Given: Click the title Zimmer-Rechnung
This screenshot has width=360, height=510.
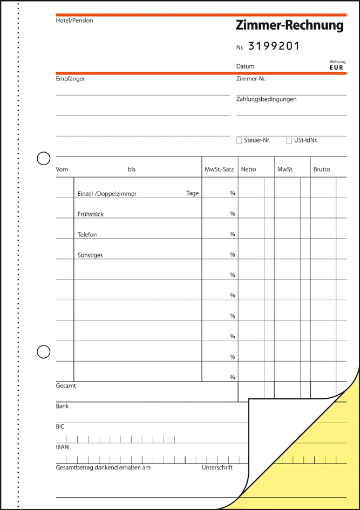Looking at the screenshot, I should [289, 25].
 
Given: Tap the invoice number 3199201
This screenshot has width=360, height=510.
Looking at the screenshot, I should [274, 46].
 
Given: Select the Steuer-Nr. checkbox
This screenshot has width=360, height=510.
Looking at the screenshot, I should [239, 141].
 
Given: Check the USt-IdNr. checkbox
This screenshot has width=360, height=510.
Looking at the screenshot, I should [289, 141].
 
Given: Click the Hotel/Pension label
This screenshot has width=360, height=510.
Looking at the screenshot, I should [74, 21].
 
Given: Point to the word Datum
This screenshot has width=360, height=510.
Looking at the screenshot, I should [245, 66].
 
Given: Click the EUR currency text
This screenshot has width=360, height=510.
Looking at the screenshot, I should [336, 67].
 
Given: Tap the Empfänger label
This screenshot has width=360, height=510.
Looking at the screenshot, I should [70, 79].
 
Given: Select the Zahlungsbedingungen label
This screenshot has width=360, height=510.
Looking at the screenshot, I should [266, 99].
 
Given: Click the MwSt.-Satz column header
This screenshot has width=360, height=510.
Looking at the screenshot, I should [219, 169].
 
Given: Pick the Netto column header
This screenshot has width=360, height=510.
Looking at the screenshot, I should [249, 169].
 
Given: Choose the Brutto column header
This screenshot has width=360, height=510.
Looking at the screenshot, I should [322, 169].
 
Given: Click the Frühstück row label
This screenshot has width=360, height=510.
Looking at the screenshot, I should [91, 214].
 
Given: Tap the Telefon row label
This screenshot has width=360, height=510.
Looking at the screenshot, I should [87, 235].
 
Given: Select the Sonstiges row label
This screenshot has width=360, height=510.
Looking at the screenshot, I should [90, 255].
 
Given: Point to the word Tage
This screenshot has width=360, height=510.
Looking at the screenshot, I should [193, 193].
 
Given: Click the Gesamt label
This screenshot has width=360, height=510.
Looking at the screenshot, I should [66, 386].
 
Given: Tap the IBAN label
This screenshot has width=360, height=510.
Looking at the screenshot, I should [62, 447].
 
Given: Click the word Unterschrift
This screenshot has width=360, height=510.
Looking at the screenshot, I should [217, 467].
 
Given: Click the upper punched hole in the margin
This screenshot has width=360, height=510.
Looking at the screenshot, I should [43, 158].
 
